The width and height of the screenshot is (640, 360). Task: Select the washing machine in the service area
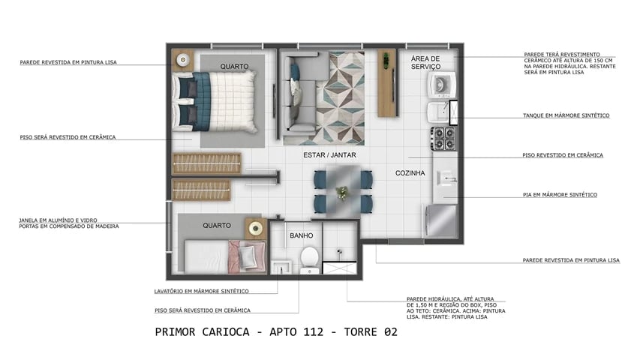click(x=440, y=84)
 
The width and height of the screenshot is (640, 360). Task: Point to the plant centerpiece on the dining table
click(x=343, y=193)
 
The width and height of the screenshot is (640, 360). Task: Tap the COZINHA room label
click(x=410, y=173)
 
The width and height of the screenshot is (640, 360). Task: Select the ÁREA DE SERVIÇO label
click(x=430, y=63)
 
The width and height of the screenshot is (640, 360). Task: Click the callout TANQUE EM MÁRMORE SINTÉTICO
click(x=566, y=115)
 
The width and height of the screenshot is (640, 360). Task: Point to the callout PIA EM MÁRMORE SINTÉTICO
click(x=560, y=194)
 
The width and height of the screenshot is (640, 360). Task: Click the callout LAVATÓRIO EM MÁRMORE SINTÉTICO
click(x=201, y=291)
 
